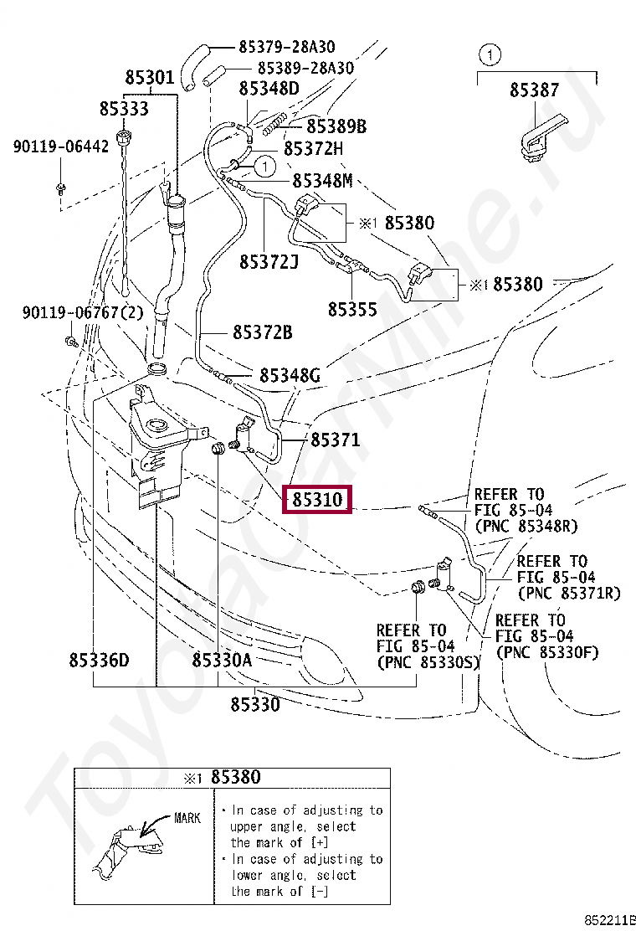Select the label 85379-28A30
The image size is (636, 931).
286,48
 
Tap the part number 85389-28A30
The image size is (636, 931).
305,68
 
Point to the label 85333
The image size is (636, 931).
123,109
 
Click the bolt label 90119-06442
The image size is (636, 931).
60,147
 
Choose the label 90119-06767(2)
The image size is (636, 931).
83,313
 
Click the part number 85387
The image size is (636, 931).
535,90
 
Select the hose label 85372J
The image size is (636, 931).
269,262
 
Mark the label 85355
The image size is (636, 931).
352,309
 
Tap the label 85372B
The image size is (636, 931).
262,332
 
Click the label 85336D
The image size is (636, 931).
99,660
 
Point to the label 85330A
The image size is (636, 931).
222,660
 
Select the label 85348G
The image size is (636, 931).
290,376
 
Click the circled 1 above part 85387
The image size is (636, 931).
490,55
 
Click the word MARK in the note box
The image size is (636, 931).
187,818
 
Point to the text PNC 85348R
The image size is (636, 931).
526,527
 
